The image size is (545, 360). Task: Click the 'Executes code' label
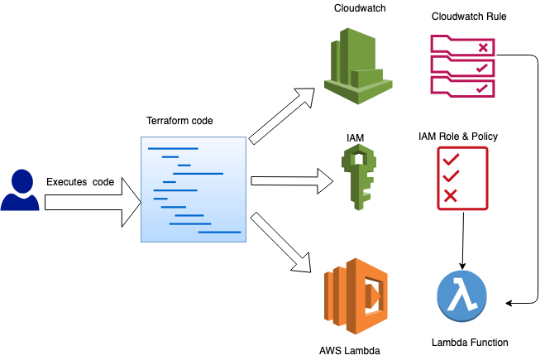tap(80, 181)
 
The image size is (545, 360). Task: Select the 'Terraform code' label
tap(179, 121)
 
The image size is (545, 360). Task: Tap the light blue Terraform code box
tap(194, 190)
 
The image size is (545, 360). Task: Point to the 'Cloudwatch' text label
tap(358, 8)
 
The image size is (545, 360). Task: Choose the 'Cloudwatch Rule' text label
tap(469, 17)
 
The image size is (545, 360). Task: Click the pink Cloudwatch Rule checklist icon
tap(463, 65)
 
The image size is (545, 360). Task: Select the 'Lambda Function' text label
tap(470, 342)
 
